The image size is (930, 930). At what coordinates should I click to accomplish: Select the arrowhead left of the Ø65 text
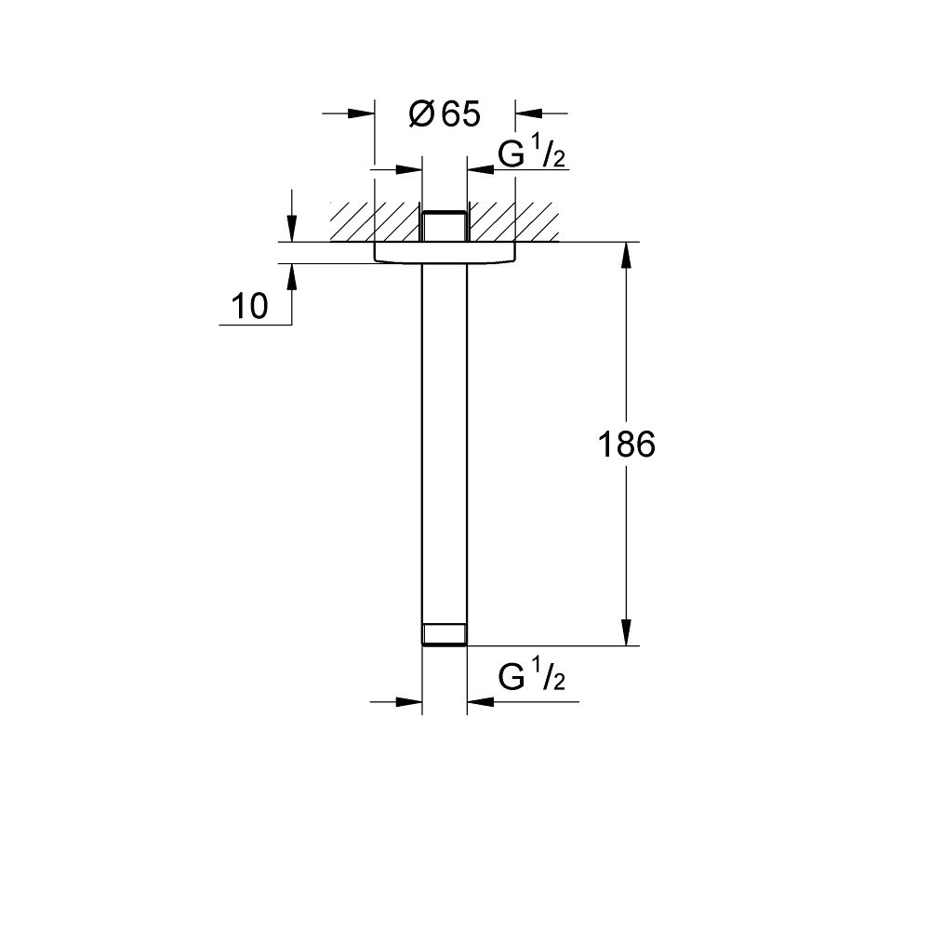pyautogui.click(x=362, y=113)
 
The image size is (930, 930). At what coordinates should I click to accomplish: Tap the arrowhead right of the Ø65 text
pyautogui.click(x=527, y=113)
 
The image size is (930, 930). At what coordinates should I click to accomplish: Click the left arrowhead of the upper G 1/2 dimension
pyautogui.click(x=409, y=169)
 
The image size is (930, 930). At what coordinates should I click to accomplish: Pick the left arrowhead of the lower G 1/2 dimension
pyautogui.click(x=409, y=701)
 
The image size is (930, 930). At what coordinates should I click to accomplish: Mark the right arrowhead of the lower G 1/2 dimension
pyautogui.click(x=479, y=701)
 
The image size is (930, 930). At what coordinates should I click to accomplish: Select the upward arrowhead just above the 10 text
pyautogui.click(x=292, y=275)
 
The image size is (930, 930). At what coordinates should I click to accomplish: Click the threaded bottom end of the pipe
pyautogui.click(x=445, y=634)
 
